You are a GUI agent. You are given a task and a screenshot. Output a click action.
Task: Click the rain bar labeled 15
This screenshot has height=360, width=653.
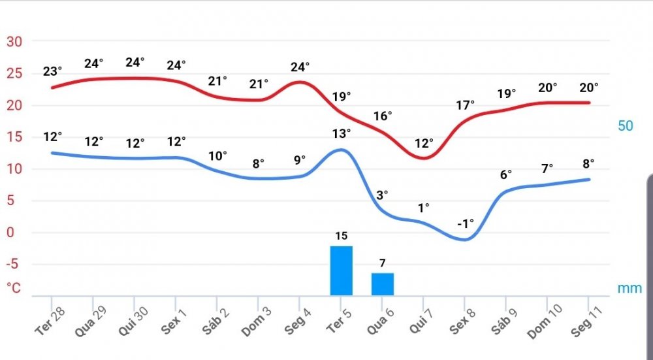tap(341, 270)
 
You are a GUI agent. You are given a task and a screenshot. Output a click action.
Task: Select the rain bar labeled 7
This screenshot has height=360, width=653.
tap(383, 284)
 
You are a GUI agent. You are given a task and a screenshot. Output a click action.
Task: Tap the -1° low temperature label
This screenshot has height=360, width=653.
tap(465, 223)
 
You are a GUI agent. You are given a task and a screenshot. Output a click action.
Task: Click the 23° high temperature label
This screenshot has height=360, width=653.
tap(52, 71)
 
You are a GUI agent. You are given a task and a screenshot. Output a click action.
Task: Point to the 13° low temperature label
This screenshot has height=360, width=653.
tap(341, 133)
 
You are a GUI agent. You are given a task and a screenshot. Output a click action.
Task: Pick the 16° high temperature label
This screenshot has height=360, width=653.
tap(382, 116)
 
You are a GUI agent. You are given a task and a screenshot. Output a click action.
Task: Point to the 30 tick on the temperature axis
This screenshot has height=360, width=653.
tap(14, 42)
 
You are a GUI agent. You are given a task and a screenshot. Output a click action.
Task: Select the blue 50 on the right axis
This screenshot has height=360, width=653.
tap(626, 125)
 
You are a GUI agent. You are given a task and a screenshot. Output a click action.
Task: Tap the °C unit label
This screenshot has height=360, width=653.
tap(14, 287)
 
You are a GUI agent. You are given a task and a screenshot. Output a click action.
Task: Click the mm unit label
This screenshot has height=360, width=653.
tap(629, 288)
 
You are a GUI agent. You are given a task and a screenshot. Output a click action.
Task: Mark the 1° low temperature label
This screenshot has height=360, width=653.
tap(424, 208)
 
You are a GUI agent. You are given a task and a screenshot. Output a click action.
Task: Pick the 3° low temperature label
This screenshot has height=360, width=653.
tap(382, 194)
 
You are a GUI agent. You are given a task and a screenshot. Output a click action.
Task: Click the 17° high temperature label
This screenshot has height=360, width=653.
tap(465, 104)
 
